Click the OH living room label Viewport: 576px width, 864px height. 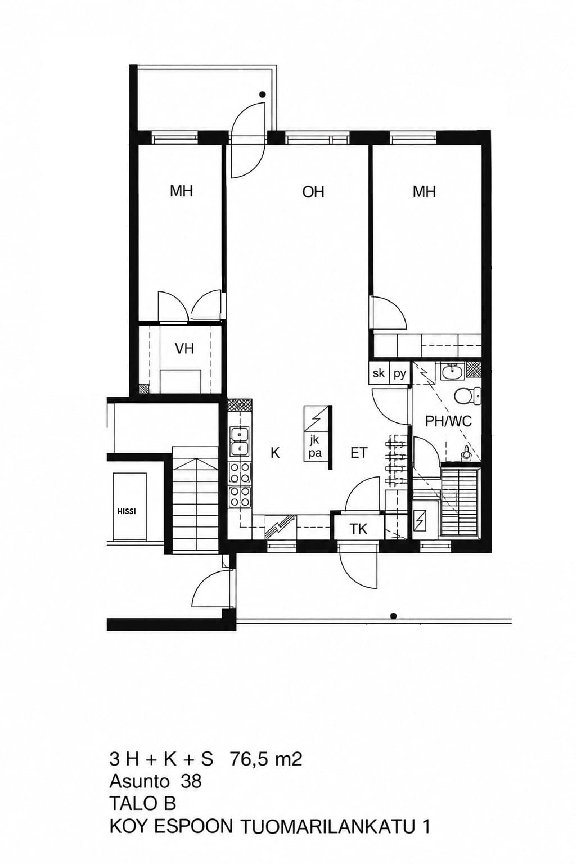313,192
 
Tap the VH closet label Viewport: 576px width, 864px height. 184,349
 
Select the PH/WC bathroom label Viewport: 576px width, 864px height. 448,421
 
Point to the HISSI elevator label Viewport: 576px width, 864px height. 127,511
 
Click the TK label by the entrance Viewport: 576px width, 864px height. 358,529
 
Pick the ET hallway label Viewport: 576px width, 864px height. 359,452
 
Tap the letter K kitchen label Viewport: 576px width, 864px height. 274,453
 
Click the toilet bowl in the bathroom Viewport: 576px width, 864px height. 467,396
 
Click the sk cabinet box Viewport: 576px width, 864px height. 379,373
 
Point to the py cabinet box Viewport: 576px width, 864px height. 399,373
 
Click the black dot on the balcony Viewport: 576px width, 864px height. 263,94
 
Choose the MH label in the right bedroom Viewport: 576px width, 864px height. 424,191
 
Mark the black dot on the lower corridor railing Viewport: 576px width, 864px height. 394,616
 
